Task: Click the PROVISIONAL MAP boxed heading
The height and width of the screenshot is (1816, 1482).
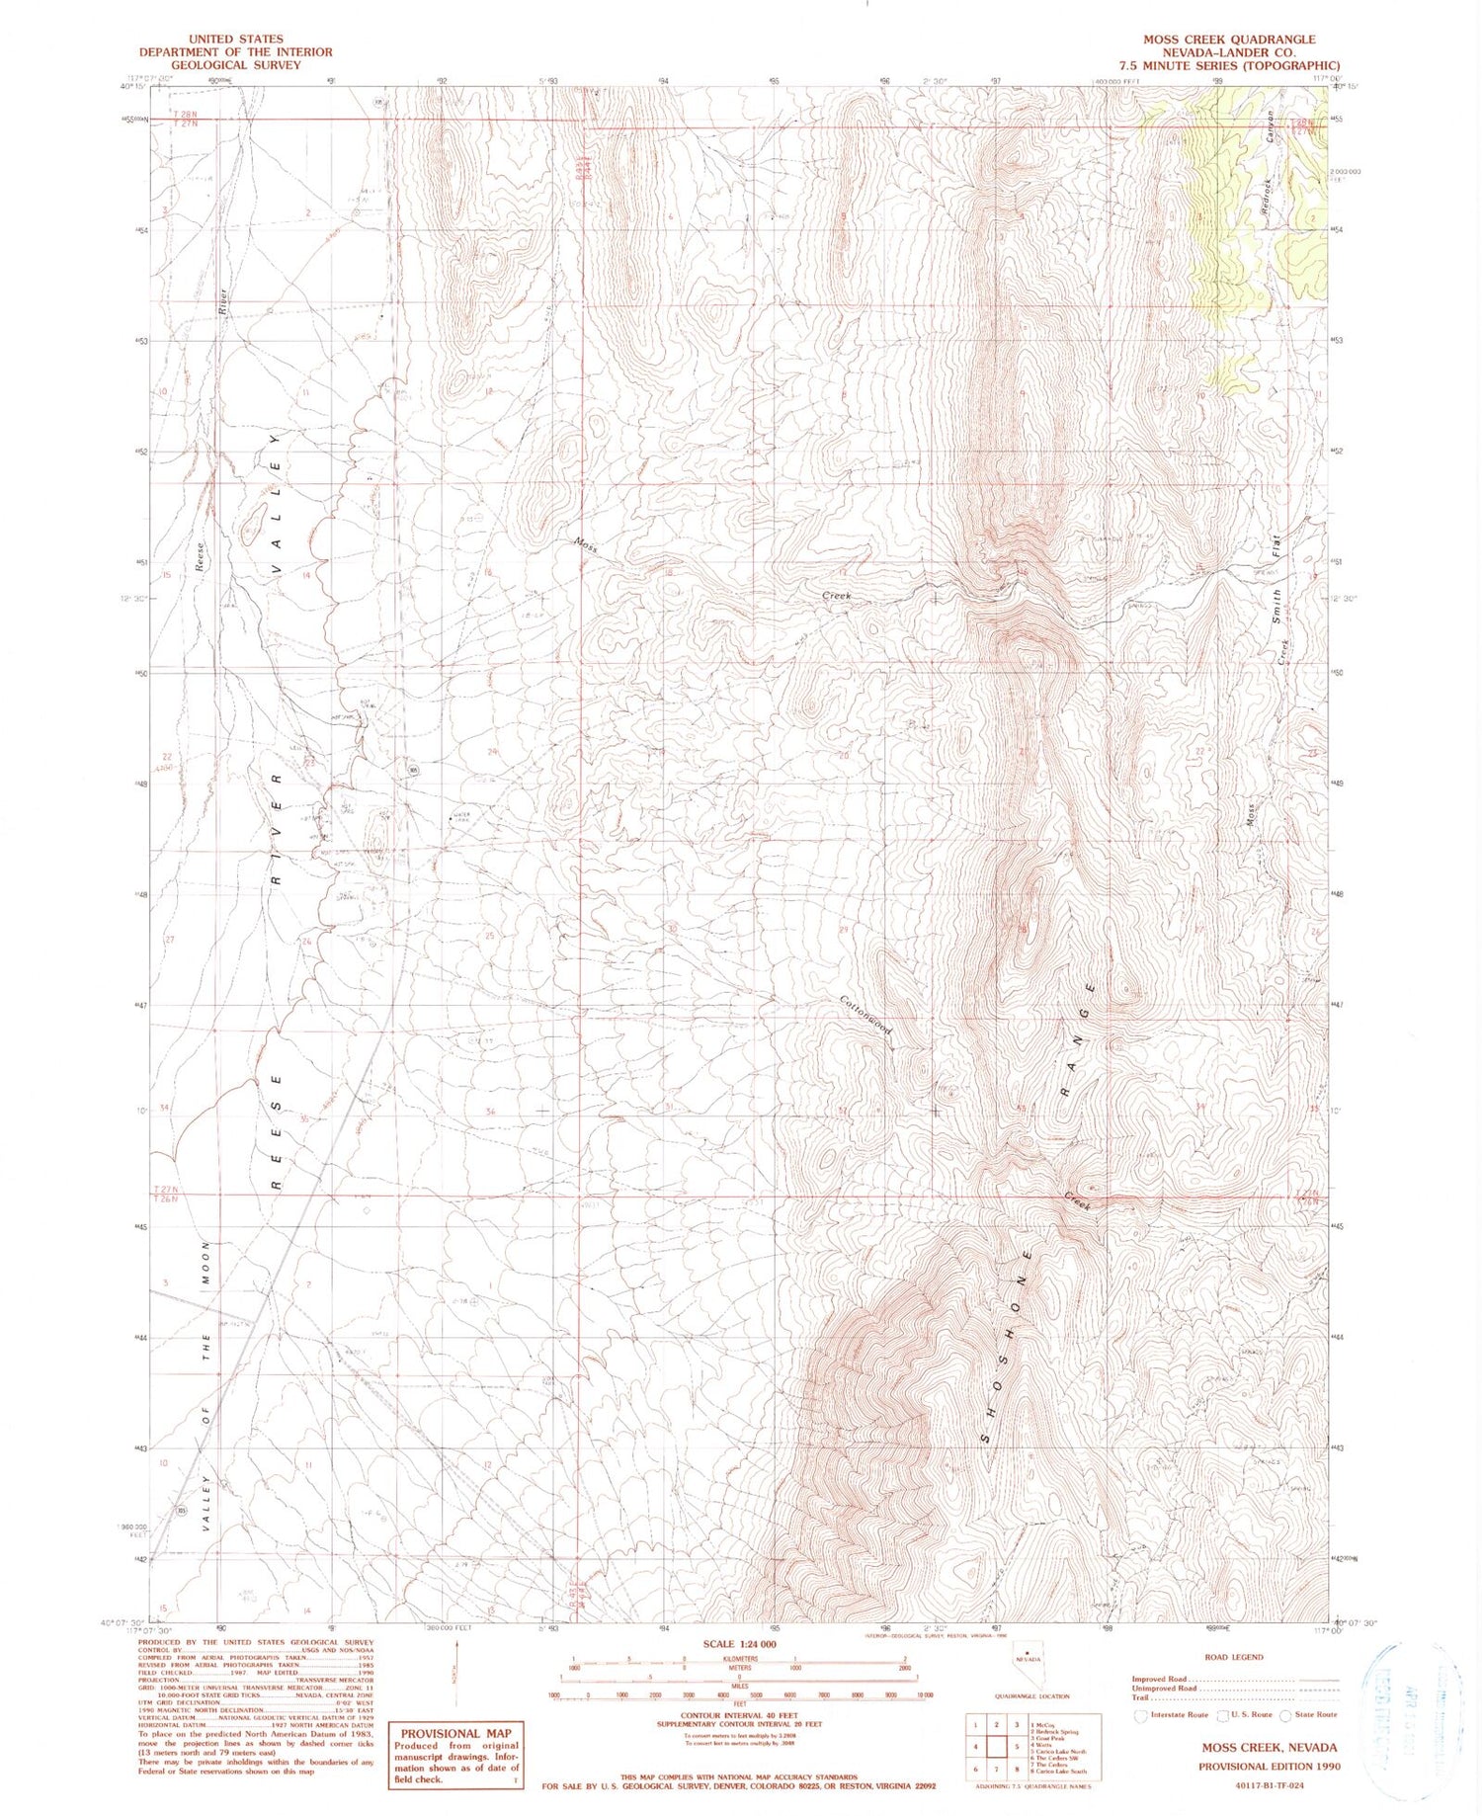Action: coord(455,1733)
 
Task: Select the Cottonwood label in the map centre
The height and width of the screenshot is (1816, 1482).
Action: coord(866,1014)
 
